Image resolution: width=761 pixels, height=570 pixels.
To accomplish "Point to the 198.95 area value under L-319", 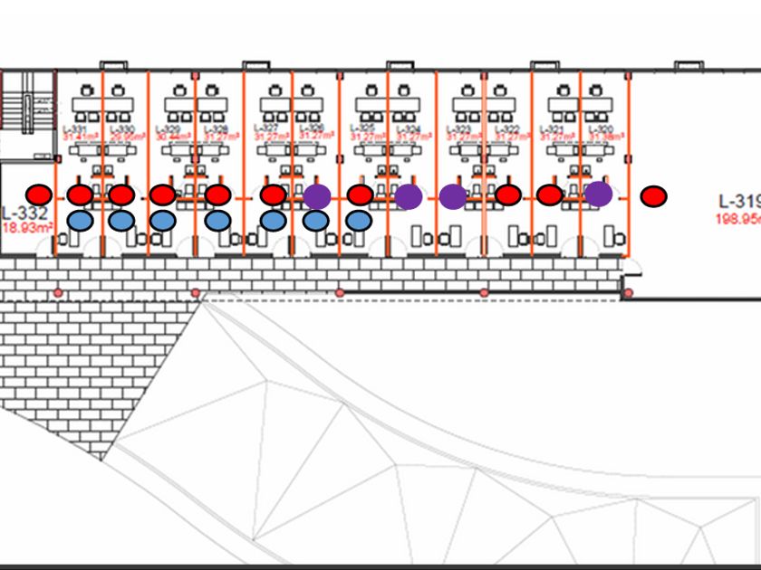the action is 737,218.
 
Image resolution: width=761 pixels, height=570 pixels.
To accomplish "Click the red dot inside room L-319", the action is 653,195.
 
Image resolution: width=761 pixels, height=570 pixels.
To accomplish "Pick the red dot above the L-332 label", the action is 39,194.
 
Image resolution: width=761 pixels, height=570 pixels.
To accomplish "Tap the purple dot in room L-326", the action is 316,196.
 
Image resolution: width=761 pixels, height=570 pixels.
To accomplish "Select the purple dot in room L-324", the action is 409,196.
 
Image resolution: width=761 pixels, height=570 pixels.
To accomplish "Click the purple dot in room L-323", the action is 453,196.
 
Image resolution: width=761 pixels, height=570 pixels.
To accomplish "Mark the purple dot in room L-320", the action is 598,194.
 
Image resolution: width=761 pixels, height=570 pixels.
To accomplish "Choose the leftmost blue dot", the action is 80,220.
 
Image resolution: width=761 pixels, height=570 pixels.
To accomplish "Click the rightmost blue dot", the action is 359,220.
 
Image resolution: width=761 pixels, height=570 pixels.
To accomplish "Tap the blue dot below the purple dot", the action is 315,220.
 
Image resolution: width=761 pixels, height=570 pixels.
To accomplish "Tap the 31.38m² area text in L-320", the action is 602,137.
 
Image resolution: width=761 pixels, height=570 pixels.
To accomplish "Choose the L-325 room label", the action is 361,129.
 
